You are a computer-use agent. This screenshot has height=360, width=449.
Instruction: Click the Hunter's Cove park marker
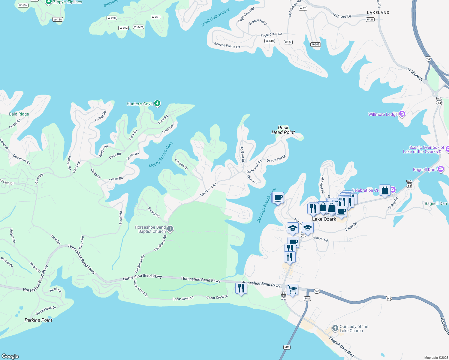click(157, 103)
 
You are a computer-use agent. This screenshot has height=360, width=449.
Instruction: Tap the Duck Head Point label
click(283, 130)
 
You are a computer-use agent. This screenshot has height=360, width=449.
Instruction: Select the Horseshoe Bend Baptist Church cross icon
click(170, 229)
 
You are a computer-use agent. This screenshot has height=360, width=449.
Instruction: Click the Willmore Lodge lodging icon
click(402, 114)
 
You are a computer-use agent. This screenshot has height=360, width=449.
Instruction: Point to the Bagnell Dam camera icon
click(441, 169)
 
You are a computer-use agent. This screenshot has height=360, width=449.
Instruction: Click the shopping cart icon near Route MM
click(292, 289)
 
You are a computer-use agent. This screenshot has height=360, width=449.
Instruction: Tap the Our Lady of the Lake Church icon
click(335, 328)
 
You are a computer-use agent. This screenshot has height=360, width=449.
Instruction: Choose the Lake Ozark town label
click(324, 219)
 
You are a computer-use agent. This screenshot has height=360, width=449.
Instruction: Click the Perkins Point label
click(38, 320)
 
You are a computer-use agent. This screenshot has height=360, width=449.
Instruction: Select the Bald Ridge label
click(19, 114)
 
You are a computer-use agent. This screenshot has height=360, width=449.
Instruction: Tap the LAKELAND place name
click(378, 13)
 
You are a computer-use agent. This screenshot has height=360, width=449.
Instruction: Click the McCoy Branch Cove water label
click(161, 155)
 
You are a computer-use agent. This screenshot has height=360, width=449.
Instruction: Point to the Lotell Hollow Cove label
click(215, 17)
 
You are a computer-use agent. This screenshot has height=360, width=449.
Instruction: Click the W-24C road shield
click(270, 41)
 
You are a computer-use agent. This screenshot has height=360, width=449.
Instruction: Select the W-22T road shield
click(156, 17)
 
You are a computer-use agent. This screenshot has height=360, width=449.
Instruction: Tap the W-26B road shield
click(315, 44)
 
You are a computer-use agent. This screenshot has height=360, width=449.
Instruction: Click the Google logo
click(10, 356)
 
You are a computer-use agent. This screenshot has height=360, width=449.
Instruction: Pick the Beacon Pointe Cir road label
click(227, 45)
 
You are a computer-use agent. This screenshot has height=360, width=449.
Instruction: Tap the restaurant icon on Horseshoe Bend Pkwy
click(241, 288)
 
